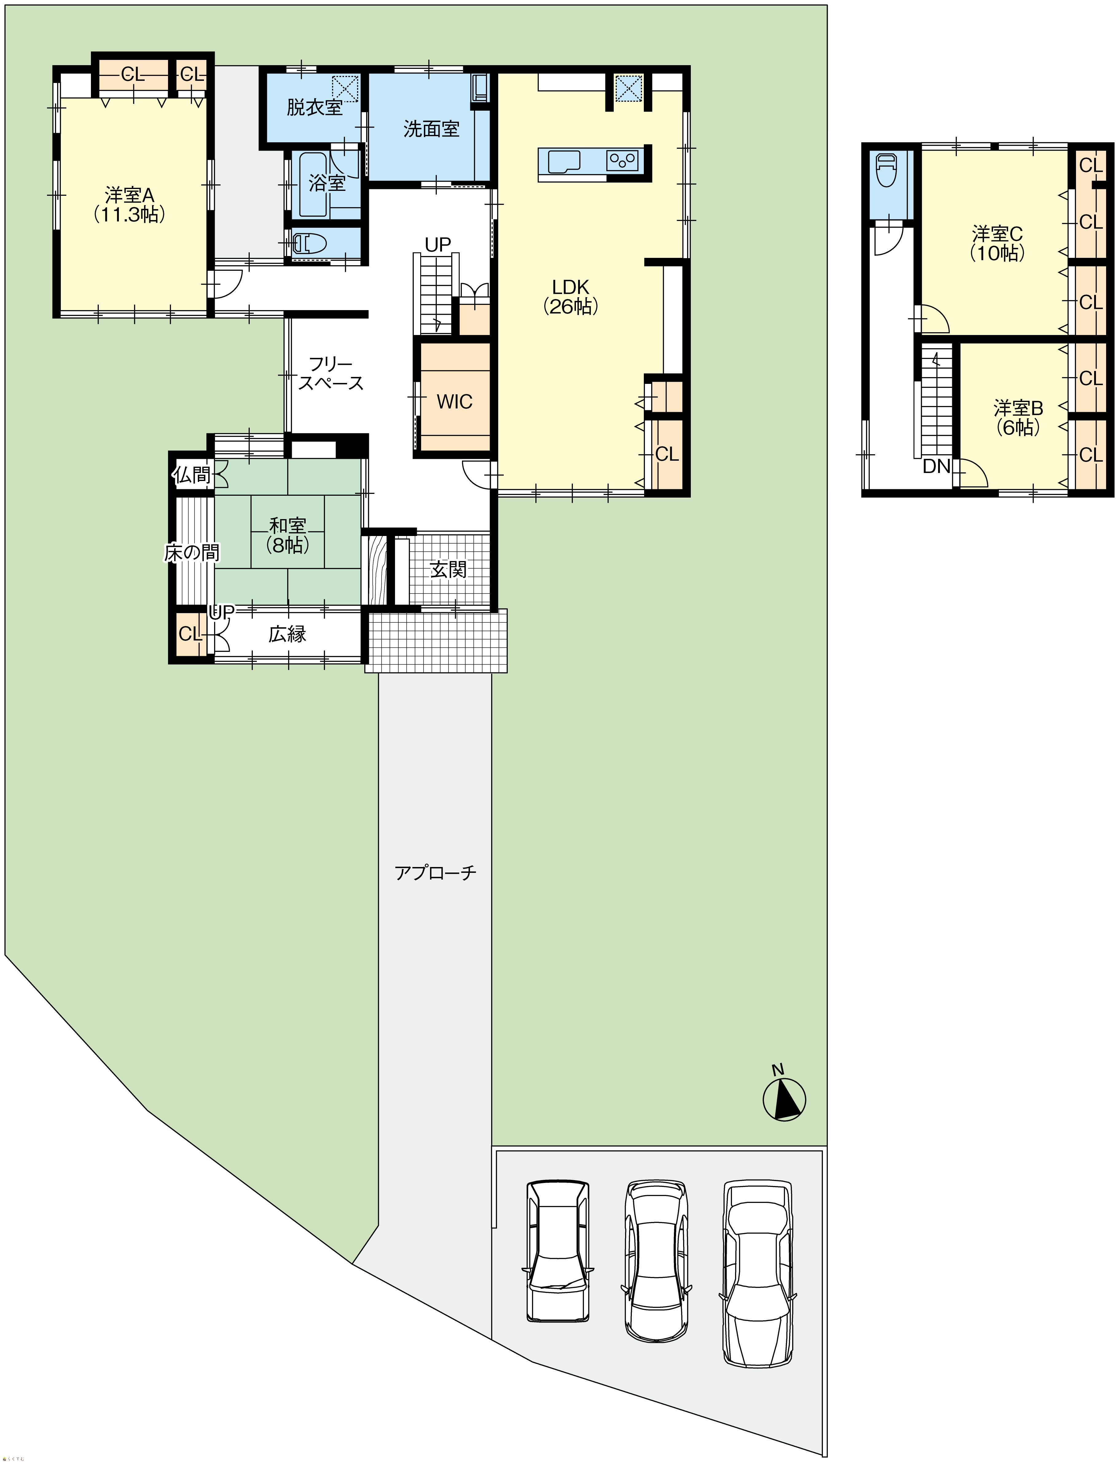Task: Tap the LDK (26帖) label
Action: tap(571, 297)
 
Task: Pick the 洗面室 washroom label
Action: tap(432, 128)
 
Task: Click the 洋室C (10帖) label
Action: tap(997, 243)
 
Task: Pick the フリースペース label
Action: tap(331, 373)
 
